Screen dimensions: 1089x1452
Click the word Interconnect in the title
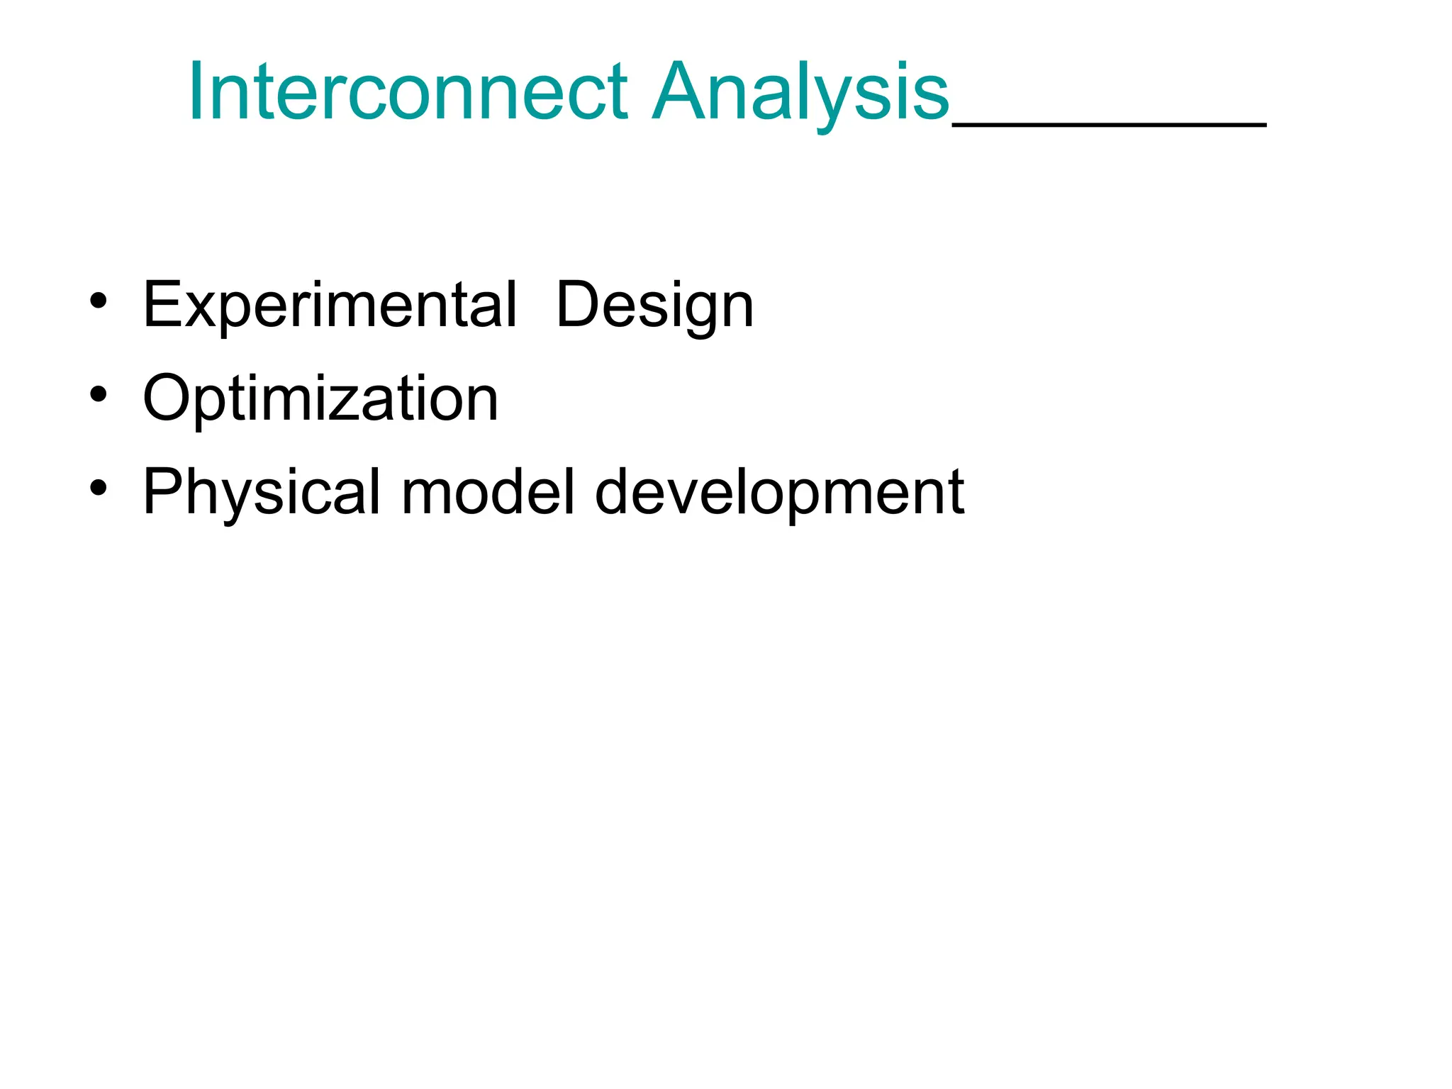[408, 92]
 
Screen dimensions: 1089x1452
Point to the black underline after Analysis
[1109, 125]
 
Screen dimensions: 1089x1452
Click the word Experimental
[330, 306]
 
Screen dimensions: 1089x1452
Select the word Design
[654, 306]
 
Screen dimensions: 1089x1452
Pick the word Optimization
[320, 399]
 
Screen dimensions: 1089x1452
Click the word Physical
[262, 492]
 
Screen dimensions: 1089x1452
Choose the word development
[779, 492]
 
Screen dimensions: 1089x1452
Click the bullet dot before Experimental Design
[99, 301]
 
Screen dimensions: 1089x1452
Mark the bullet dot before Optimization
[99, 394]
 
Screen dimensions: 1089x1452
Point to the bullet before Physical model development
[99, 488]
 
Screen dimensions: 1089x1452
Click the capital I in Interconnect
[194, 92]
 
